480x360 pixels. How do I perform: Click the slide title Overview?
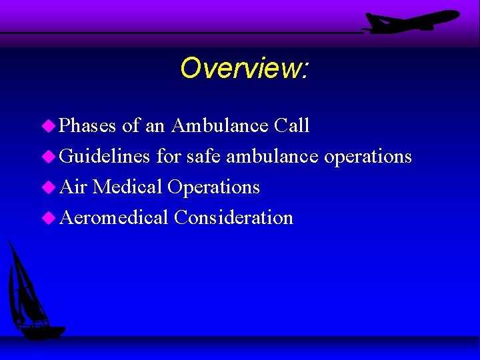point(244,67)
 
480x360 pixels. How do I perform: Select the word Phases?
point(88,126)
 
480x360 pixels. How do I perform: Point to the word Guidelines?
point(105,157)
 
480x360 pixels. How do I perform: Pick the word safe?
point(203,157)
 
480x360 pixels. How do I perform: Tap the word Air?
point(73,187)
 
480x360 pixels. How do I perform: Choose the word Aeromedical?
point(114,218)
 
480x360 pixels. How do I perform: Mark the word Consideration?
point(233,218)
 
